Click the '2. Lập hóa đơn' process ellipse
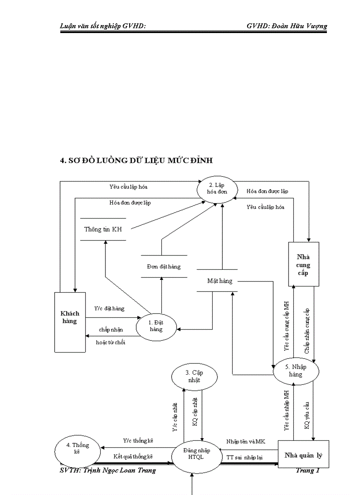[217, 189]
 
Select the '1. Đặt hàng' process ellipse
[156, 326]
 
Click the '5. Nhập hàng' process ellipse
[296, 371]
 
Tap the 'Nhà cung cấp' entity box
[304, 265]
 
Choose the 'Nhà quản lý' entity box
[304, 455]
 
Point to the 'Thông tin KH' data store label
[103, 229]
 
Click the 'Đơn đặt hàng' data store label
[164, 266]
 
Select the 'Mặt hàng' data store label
[220, 280]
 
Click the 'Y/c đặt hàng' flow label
[109, 308]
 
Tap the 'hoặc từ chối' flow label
[110, 342]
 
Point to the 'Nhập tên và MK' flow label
[246, 441]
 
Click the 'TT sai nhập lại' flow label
[244, 457]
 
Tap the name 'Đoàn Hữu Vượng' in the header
[301, 26]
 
